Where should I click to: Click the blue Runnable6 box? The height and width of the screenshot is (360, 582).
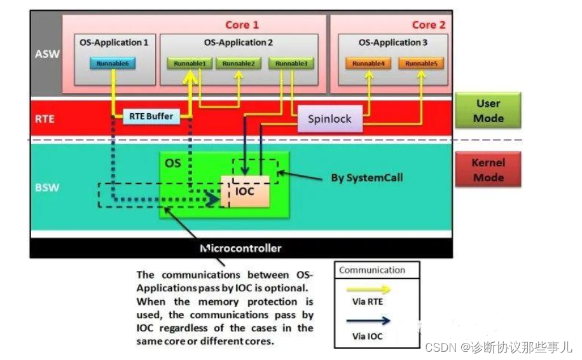[113, 64]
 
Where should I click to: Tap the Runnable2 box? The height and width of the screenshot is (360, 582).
[239, 64]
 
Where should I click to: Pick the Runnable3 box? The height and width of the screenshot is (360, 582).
[291, 64]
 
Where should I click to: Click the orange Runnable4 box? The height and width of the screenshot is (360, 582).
[368, 64]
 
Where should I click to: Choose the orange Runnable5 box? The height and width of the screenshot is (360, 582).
[420, 64]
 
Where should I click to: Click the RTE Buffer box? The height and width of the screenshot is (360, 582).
[151, 116]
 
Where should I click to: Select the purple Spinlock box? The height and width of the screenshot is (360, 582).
[329, 119]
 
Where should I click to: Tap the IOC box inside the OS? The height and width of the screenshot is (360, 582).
[245, 191]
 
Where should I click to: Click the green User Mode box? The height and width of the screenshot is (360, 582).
[488, 111]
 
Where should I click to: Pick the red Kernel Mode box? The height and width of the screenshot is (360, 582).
[488, 170]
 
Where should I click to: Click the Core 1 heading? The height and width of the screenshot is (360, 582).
[242, 25]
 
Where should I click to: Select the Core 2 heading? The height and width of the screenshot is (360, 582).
[429, 25]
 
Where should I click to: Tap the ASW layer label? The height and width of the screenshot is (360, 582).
[46, 54]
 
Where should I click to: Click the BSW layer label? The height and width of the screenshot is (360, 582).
[45, 188]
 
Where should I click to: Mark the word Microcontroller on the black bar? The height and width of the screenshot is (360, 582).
[240, 248]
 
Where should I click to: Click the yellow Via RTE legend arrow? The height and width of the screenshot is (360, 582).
[377, 289]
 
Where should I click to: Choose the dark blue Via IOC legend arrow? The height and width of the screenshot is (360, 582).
[377, 321]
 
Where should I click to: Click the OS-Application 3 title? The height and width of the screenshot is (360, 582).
[392, 43]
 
